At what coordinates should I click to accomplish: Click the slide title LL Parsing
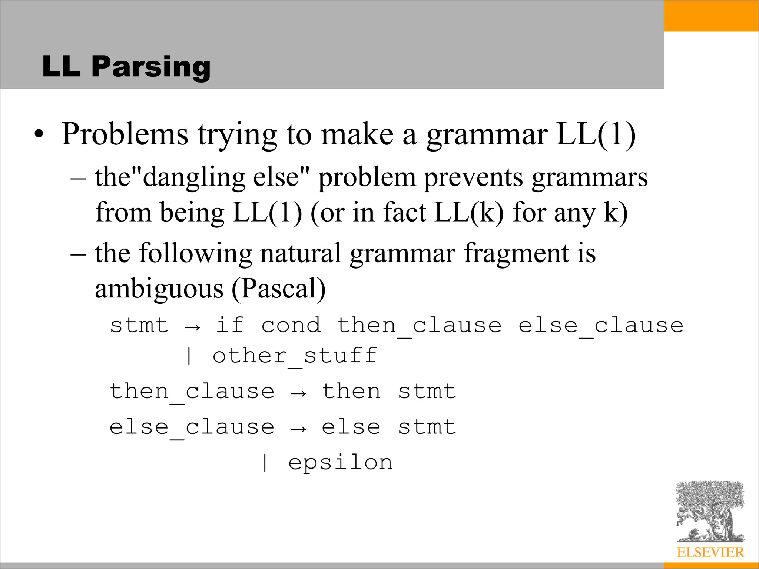[126, 66]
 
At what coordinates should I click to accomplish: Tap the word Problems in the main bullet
[125, 134]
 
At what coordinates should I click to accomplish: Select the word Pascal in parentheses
[279, 289]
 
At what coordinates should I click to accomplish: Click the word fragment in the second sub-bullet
[516, 254]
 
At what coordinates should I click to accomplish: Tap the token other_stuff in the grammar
[295, 356]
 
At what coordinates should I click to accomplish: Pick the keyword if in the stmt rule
[230, 325]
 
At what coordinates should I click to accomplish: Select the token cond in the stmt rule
[291, 325]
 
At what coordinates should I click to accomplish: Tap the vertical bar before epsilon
[265, 463]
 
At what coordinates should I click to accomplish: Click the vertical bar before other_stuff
[189, 356]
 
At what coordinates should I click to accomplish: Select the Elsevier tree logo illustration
[710, 511]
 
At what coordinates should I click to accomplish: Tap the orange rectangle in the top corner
[711, 16]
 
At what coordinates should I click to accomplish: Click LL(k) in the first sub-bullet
[469, 213]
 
